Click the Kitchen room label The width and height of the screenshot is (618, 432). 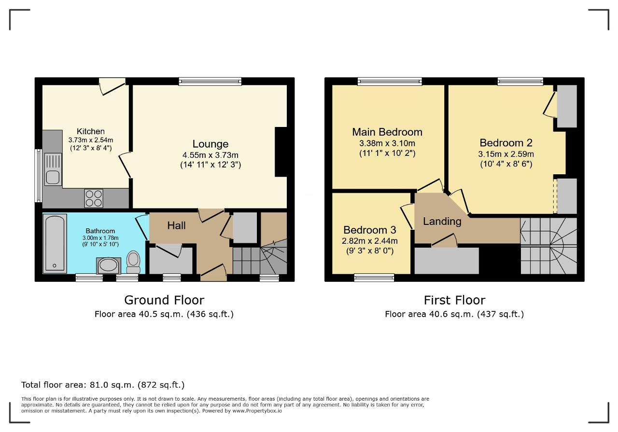[x=90, y=131]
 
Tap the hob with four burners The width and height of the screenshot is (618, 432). [x=94, y=198]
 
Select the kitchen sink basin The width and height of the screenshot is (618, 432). [x=53, y=177]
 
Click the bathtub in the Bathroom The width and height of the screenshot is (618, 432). [x=55, y=244]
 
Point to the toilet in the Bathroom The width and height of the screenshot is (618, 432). [x=133, y=262]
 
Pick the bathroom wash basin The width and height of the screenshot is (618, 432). [x=109, y=265]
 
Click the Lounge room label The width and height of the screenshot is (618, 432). [x=210, y=144]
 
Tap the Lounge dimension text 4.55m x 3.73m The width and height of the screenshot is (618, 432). [x=210, y=155]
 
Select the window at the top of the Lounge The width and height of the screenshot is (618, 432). [x=210, y=82]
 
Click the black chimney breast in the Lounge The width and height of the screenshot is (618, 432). [x=281, y=152]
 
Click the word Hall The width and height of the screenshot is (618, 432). [x=176, y=226]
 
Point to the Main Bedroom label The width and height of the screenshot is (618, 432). [x=387, y=132]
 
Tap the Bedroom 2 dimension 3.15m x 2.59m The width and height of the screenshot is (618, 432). [x=506, y=154]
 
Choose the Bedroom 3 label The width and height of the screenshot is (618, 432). [x=370, y=230]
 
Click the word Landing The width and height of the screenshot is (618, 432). [x=442, y=222]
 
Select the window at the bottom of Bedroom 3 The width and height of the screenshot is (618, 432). [x=374, y=278]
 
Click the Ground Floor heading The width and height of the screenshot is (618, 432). [x=164, y=300]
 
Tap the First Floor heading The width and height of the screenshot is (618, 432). [x=454, y=300]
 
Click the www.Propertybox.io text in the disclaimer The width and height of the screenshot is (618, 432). [x=257, y=411]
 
